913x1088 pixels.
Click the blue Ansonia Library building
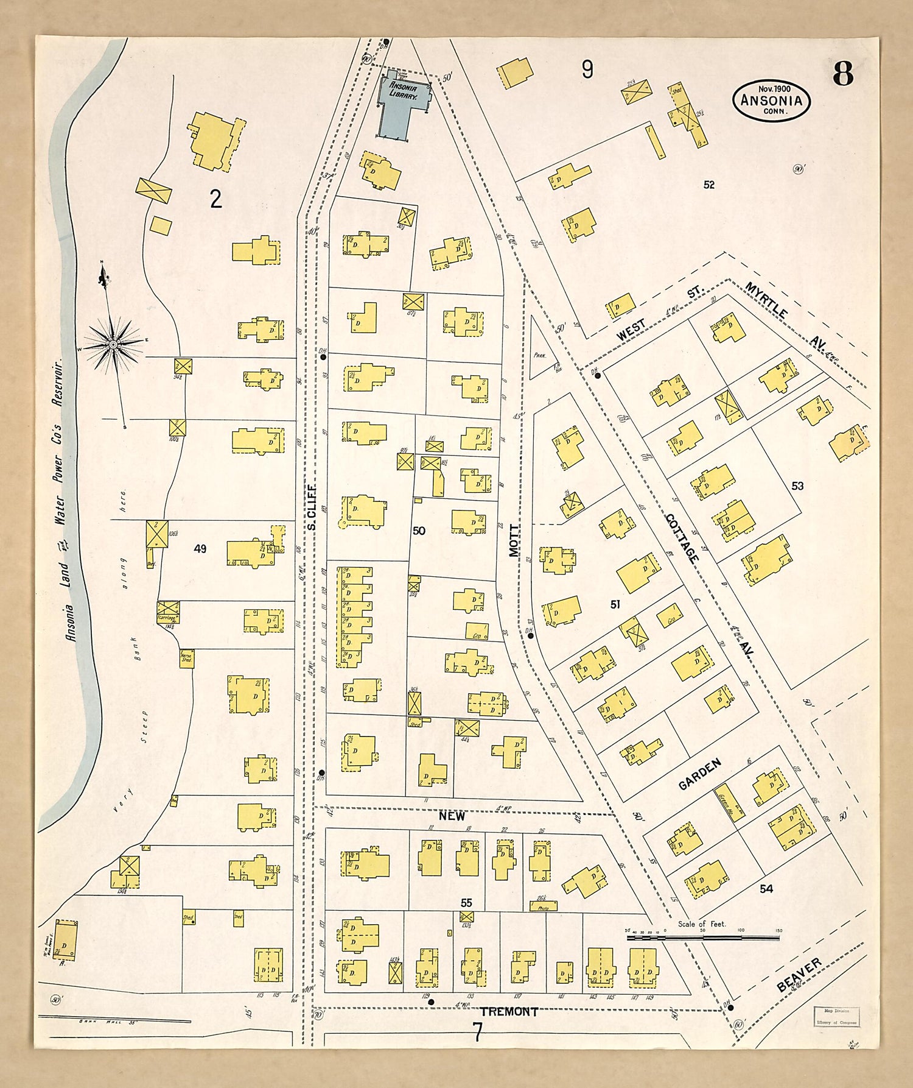coord(402,104)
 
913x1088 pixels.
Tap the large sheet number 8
coord(843,74)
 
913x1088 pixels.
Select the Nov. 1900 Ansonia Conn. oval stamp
coord(771,101)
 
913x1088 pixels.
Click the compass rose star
coord(113,345)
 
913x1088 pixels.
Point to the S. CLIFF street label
coord(311,507)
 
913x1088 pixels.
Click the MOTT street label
coord(515,540)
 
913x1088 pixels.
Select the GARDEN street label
coord(700,774)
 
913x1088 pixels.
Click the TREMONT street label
coord(509,1012)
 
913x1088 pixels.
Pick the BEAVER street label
coord(799,975)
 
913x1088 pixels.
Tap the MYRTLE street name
coord(766,300)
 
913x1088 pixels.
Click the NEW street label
coord(452,816)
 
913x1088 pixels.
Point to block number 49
coord(200,549)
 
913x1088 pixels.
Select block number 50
coord(419,531)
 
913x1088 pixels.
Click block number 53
coord(797,486)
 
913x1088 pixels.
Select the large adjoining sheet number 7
coord(478,1033)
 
